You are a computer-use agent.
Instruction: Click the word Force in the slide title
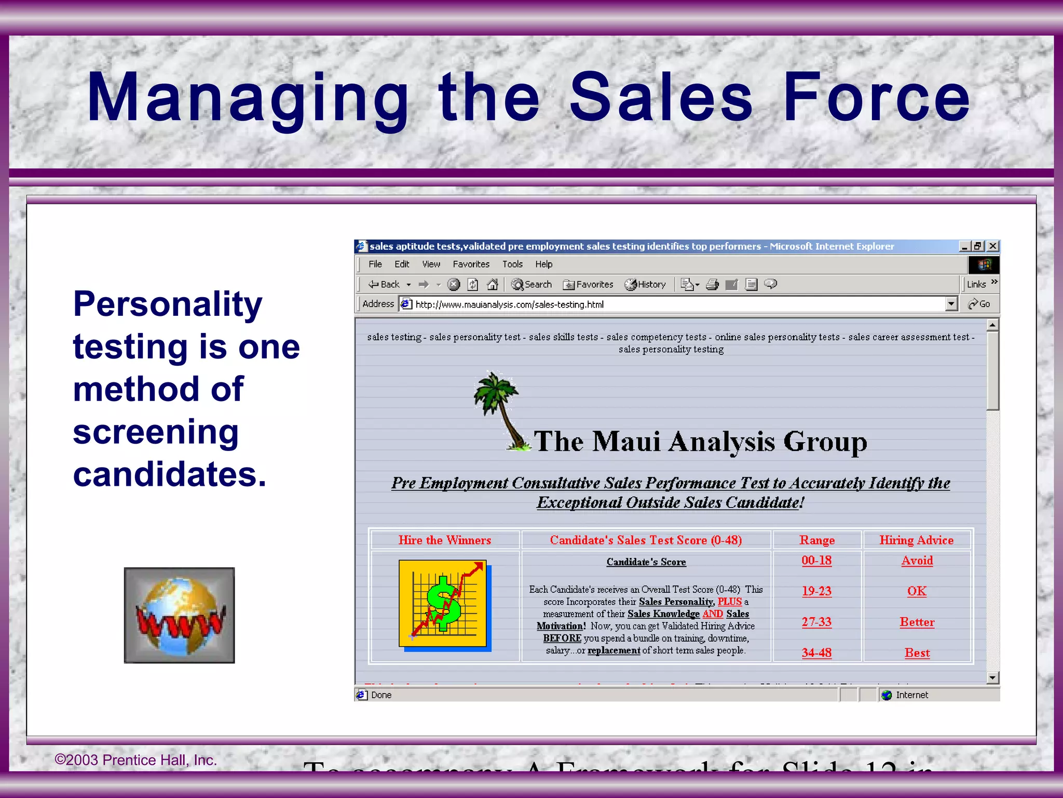coord(876,97)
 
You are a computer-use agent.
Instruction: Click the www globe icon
coord(179,615)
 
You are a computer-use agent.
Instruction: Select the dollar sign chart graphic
coord(444,604)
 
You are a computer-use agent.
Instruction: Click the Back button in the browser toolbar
coord(385,284)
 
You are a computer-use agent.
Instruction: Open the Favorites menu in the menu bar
coord(471,264)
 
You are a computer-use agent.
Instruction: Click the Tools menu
coord(512,264)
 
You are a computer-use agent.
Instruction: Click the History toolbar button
coord(645,284)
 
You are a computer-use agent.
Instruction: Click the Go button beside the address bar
coord(979,304)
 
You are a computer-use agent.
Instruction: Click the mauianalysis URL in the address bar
coord(509,304)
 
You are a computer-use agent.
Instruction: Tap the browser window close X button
coord(992,246)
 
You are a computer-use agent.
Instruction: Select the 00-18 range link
coord(816,561)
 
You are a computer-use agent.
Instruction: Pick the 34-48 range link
coord(816,653)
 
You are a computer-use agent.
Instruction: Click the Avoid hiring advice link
coord(917,561)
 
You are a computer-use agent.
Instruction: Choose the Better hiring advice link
coord(917,622)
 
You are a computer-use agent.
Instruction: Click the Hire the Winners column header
coord(444,540)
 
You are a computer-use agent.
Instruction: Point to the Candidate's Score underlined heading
coord(646,562)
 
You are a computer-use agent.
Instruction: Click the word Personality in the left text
coord(168,304)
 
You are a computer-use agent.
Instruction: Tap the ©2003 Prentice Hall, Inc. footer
coord(135,760)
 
